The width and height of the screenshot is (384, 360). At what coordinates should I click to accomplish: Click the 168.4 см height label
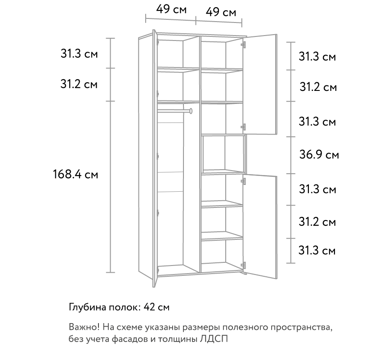tap(76, 175)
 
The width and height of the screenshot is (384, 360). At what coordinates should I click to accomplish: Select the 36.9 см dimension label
tap(319, 155)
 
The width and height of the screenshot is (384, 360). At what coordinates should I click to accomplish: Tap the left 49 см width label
tap(171, 9)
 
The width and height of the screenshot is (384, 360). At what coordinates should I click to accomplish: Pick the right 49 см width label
tap(221, 12)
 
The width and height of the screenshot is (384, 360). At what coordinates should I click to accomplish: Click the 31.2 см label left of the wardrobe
tap(79, 84)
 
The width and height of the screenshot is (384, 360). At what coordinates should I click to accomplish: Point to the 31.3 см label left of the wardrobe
tap(79, 54)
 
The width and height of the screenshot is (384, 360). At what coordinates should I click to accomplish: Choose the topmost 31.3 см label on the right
tap(317, 57)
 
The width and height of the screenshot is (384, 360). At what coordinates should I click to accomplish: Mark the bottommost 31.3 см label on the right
tap(317, 251)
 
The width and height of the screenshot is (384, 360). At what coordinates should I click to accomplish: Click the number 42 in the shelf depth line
tap(149, 307)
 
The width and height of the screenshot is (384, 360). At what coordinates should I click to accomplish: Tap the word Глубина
tap(87, 307)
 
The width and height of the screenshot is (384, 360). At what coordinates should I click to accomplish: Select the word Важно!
tap(84, 327)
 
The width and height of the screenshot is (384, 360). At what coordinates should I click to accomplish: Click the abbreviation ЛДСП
tap(214, 339)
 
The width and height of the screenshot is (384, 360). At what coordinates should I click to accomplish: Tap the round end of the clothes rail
tap(191, 111)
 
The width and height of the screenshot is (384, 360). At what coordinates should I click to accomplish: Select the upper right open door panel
tap(260, 84)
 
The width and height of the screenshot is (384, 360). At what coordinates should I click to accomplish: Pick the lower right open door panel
tap(260, 227)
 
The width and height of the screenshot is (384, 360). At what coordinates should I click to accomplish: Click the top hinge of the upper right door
tap(243, 44)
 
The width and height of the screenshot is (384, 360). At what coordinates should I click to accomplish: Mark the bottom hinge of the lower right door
tap(243, 265)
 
